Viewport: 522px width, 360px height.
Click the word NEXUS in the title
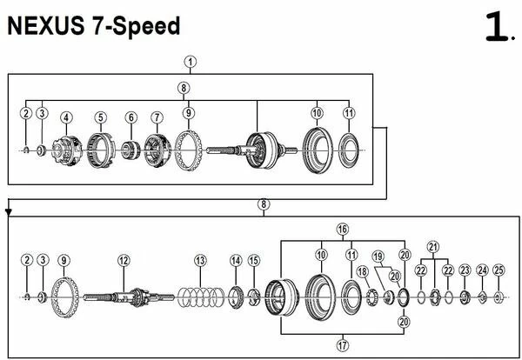coord(45,26)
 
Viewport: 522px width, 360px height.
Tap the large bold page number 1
coord(497,27)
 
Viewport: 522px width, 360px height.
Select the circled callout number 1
coord(190,63)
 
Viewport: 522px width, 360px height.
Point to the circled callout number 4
coord(66,117)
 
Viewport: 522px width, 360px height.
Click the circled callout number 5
coord(101,117)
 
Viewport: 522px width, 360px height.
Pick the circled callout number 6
coord(131,117)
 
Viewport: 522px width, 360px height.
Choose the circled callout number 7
coord(157,117)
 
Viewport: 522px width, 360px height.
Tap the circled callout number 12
coord(124,261)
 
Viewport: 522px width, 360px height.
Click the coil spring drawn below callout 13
coord(201,297)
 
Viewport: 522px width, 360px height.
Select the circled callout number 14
coord(236,261)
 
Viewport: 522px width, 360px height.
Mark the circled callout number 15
coord(254,261)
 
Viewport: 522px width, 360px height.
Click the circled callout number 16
coord(343,230)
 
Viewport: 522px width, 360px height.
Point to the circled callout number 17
coord(343,345)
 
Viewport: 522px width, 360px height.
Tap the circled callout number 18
coord(362,271)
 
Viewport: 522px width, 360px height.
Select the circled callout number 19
coord(378,257)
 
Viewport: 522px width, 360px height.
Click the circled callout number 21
coord(432,247)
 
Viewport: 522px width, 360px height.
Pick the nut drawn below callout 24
coord(482,297)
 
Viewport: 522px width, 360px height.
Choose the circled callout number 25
coord(499,270)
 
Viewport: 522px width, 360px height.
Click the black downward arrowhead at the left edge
coord(9,212)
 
